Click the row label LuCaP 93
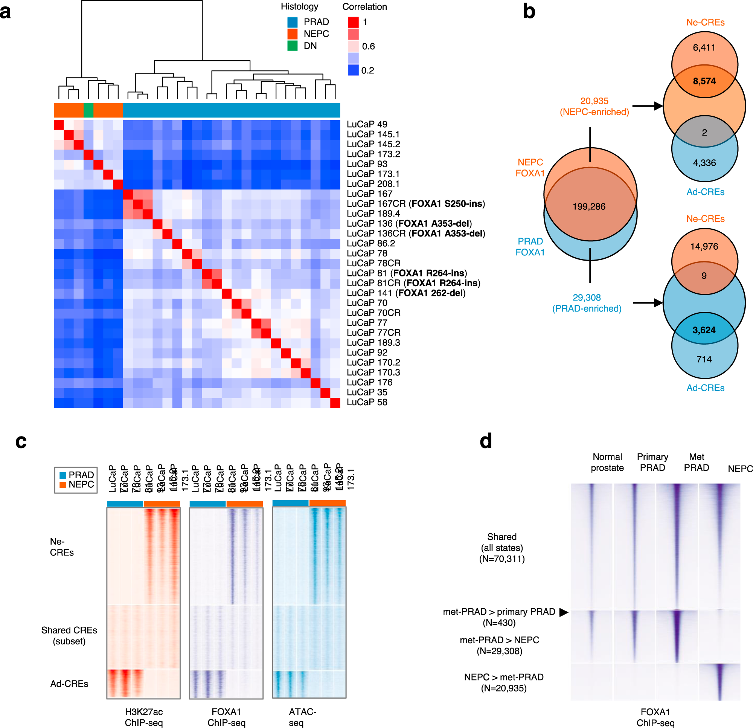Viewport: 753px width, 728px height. click(x=366, y=164)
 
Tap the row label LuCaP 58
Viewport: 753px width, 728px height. click(x=366, y=402)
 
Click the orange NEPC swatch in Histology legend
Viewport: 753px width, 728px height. click(x=293, y=34)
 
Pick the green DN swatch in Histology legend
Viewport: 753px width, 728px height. click(x=293, y=46)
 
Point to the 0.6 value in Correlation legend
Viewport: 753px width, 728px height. click(x=368, y=46)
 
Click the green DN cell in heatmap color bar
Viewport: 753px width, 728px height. click(x=88, y=110)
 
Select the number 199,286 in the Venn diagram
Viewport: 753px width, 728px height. click(x=588, y=207)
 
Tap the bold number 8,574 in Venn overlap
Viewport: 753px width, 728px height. click(x=704, y=81)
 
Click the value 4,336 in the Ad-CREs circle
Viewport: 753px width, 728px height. click(x=704, y=163)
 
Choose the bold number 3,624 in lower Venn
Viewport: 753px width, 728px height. click(x=704, y=330)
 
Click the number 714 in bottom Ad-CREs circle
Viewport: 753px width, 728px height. click(x=704, y=359)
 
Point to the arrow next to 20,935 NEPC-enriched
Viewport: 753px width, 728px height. click(x=647, y=106)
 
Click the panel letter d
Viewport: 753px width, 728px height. click(x=486, y=441)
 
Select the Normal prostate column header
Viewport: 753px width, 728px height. click(x=607, y=462)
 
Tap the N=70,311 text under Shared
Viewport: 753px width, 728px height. click(x=502, y=559)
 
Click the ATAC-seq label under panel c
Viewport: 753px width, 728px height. click(x=302, y=717)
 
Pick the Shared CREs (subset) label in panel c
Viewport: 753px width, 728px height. click(x=69, y=635)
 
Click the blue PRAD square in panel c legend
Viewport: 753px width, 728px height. click(x=63, y=475)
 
